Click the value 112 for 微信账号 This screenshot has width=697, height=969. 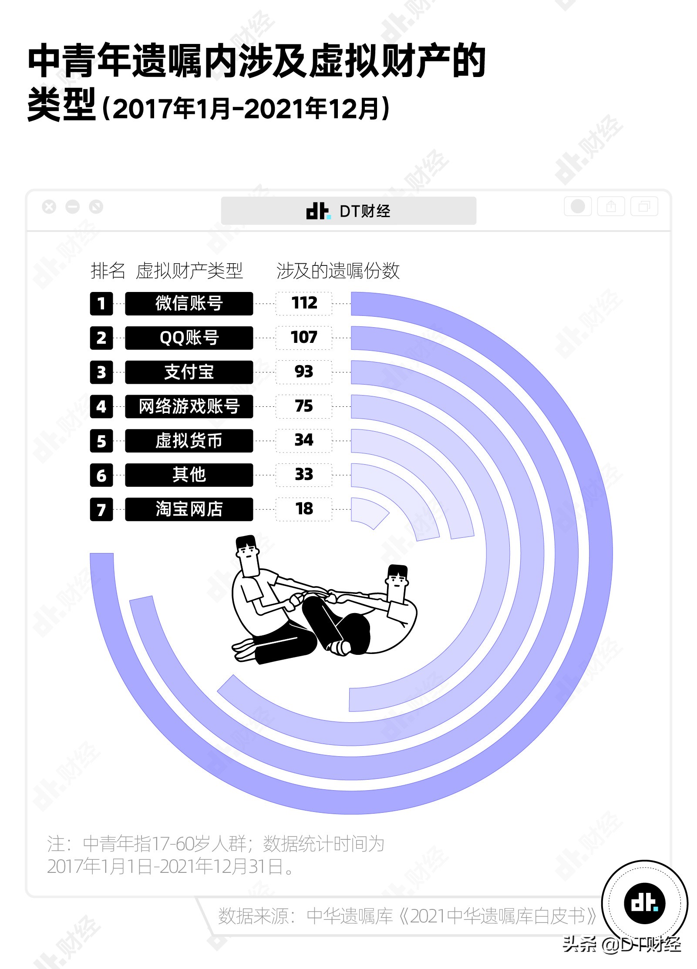pyautogui.click(x=303, y=303)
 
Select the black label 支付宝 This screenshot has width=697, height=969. pyautogui.click(x=189, y=372)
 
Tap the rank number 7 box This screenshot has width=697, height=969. pyautogui.click(x=101, y=509)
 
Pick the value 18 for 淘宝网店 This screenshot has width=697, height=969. pyautogui.click(x=303, y=509)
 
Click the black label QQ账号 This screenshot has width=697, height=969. pyautogui.click(x=189, y=338)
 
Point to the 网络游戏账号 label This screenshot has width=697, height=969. pyautogui.click(x=189, y=406)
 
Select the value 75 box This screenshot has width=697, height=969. pyautogui.click(x=303, y=406)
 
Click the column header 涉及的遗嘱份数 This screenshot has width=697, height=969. pyautogui.click(x=337, y=271)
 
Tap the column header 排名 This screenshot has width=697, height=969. pyautogui.click(x=108, y=271)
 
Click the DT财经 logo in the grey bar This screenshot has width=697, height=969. pyautogui.click(x=348, y=211)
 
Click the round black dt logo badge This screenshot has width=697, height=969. pyautogui.click(x=644, y=904)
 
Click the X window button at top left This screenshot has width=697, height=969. pyautogui.click(x=49, y=207)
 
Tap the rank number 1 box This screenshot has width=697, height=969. pyautogui.click(x=101, y=303)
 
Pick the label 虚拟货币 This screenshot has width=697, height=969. pyautogui.click(x=189, y=441)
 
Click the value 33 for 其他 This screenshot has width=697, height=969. pyautogui.click(x=303, y=475)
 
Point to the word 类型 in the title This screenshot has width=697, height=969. pyautogui.click(x=61, y=106)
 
